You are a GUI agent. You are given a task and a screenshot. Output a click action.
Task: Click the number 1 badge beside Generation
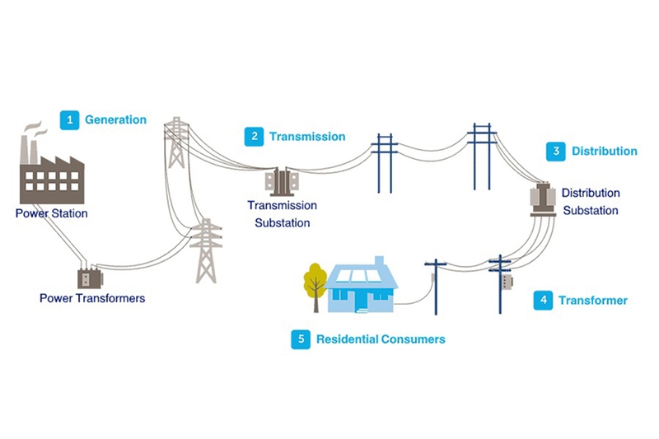[70, 120]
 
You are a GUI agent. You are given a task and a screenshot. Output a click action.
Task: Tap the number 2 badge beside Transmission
[255, 137]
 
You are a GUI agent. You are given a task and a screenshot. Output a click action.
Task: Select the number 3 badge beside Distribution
[556, 152]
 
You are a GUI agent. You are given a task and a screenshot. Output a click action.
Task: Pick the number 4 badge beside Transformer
[544, 301]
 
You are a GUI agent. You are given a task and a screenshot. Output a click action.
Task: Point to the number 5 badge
[301, 339]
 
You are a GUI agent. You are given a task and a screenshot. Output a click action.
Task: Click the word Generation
[115, 119]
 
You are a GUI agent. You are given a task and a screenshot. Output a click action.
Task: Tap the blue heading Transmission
[307, 137]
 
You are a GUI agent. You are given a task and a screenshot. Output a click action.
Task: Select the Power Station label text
[52, 213]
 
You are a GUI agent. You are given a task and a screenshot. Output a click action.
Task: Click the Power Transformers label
[92, 298]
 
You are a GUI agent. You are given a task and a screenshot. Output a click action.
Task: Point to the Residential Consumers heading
[381, 339]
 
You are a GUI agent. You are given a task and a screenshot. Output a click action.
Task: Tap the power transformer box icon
[90, 278]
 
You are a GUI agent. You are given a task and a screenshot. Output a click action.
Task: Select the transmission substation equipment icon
[282, 182]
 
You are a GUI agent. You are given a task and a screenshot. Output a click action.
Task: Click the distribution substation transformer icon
[543, 199]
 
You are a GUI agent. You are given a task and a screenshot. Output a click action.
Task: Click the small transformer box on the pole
[507, 282]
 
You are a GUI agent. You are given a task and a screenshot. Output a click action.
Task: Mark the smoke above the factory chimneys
[35, 129]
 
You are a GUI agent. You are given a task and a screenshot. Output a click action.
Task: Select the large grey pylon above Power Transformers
[206, 250]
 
